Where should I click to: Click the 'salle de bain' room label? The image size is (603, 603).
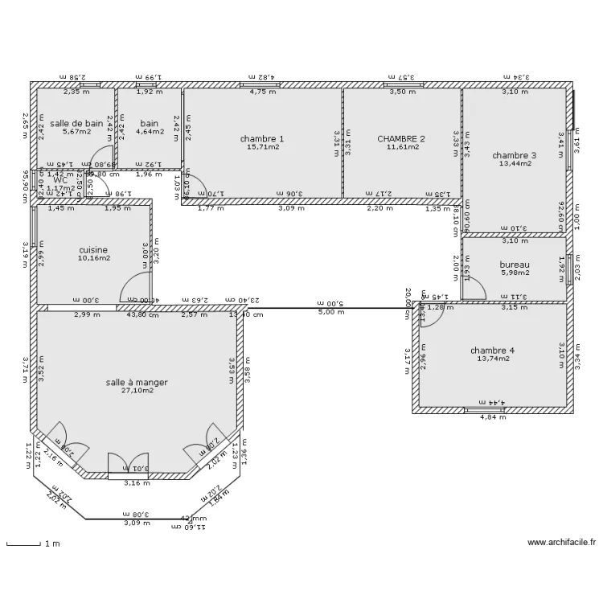(76, 123)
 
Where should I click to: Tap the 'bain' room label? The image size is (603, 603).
(149, 123)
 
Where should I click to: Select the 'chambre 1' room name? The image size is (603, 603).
(262, 138)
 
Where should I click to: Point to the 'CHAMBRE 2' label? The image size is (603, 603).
(401, 138)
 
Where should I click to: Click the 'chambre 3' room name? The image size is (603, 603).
(515, 155)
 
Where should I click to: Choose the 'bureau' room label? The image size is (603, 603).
(515, 265)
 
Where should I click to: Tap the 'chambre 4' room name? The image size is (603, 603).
(492, 350)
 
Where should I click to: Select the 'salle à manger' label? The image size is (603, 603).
(137, 382)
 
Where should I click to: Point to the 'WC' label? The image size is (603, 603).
(59, 180)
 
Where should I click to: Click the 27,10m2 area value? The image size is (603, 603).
(137, 391)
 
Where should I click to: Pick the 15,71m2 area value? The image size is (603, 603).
(263, 147)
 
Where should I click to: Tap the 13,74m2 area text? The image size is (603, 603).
(492, 359)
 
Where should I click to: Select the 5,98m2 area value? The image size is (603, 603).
(515, 273)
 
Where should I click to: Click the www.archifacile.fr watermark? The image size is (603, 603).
(562, 543)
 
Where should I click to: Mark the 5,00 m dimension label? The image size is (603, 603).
(332, 313)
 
